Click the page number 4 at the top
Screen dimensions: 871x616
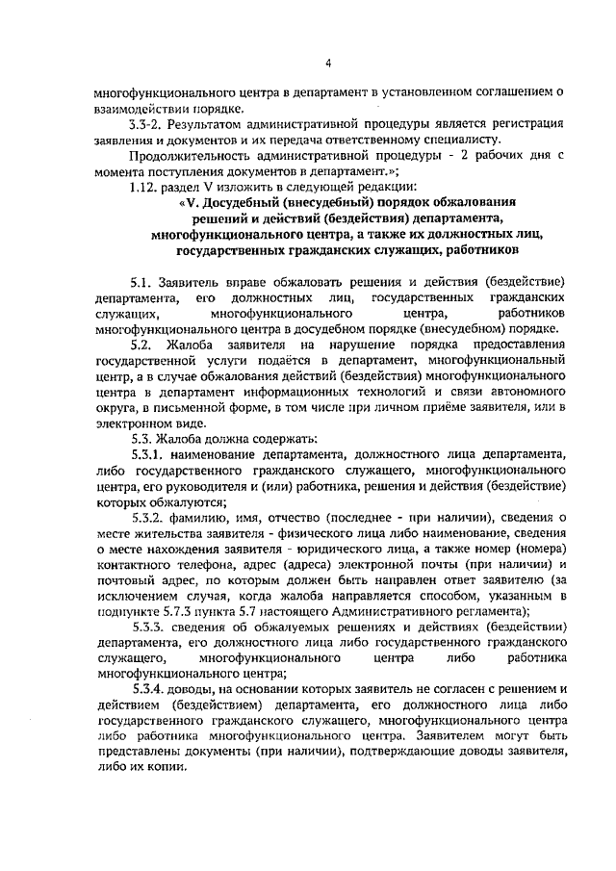327,64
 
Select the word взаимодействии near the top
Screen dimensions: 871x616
142,109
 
